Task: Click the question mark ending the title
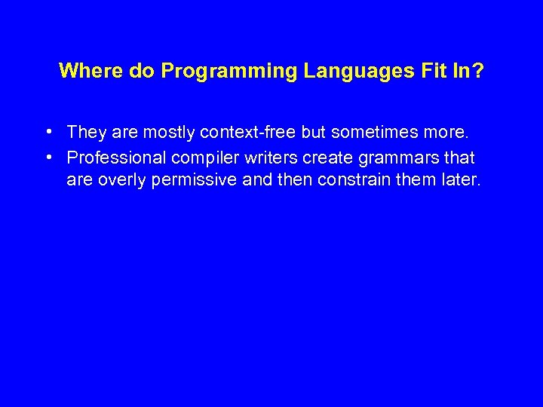click(478, 71)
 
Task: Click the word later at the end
click(459, 181)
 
